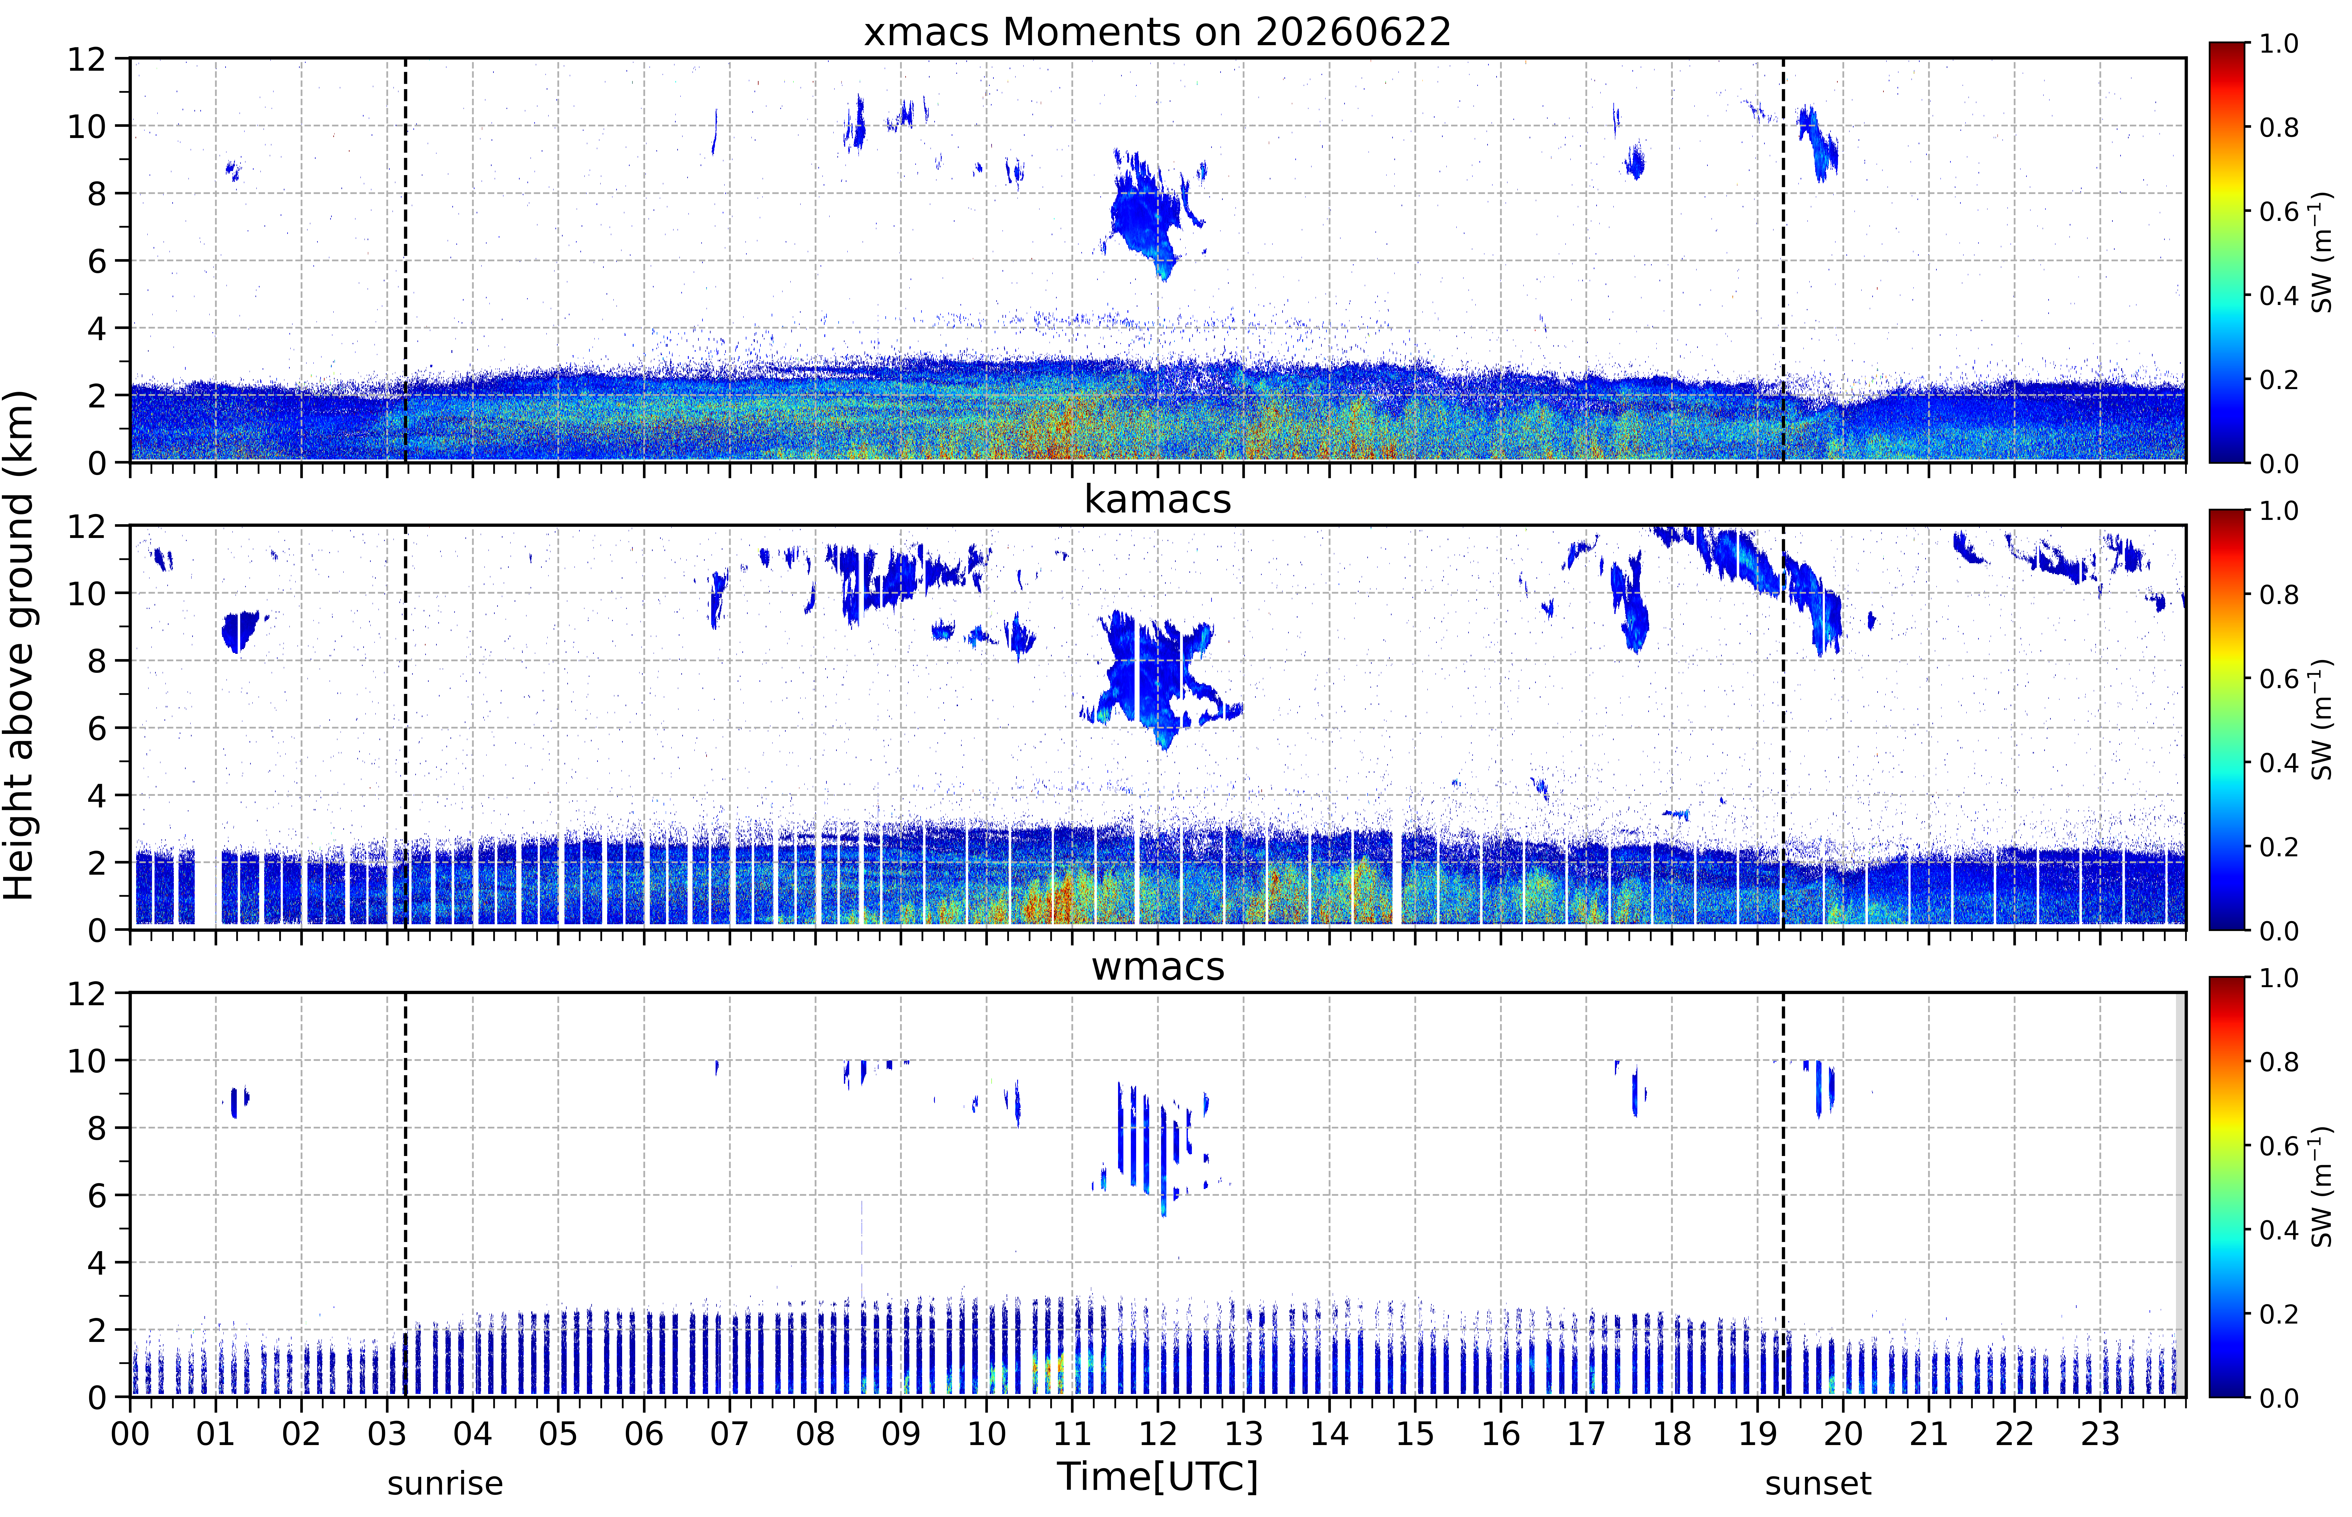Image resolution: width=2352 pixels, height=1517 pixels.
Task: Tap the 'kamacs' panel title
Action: (1157, 499)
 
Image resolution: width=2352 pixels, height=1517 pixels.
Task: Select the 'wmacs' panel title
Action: (1157, 966)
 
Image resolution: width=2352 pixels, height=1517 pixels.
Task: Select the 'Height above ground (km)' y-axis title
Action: (20, 645)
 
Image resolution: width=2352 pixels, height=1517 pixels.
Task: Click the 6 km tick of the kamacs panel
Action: (97, 728)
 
